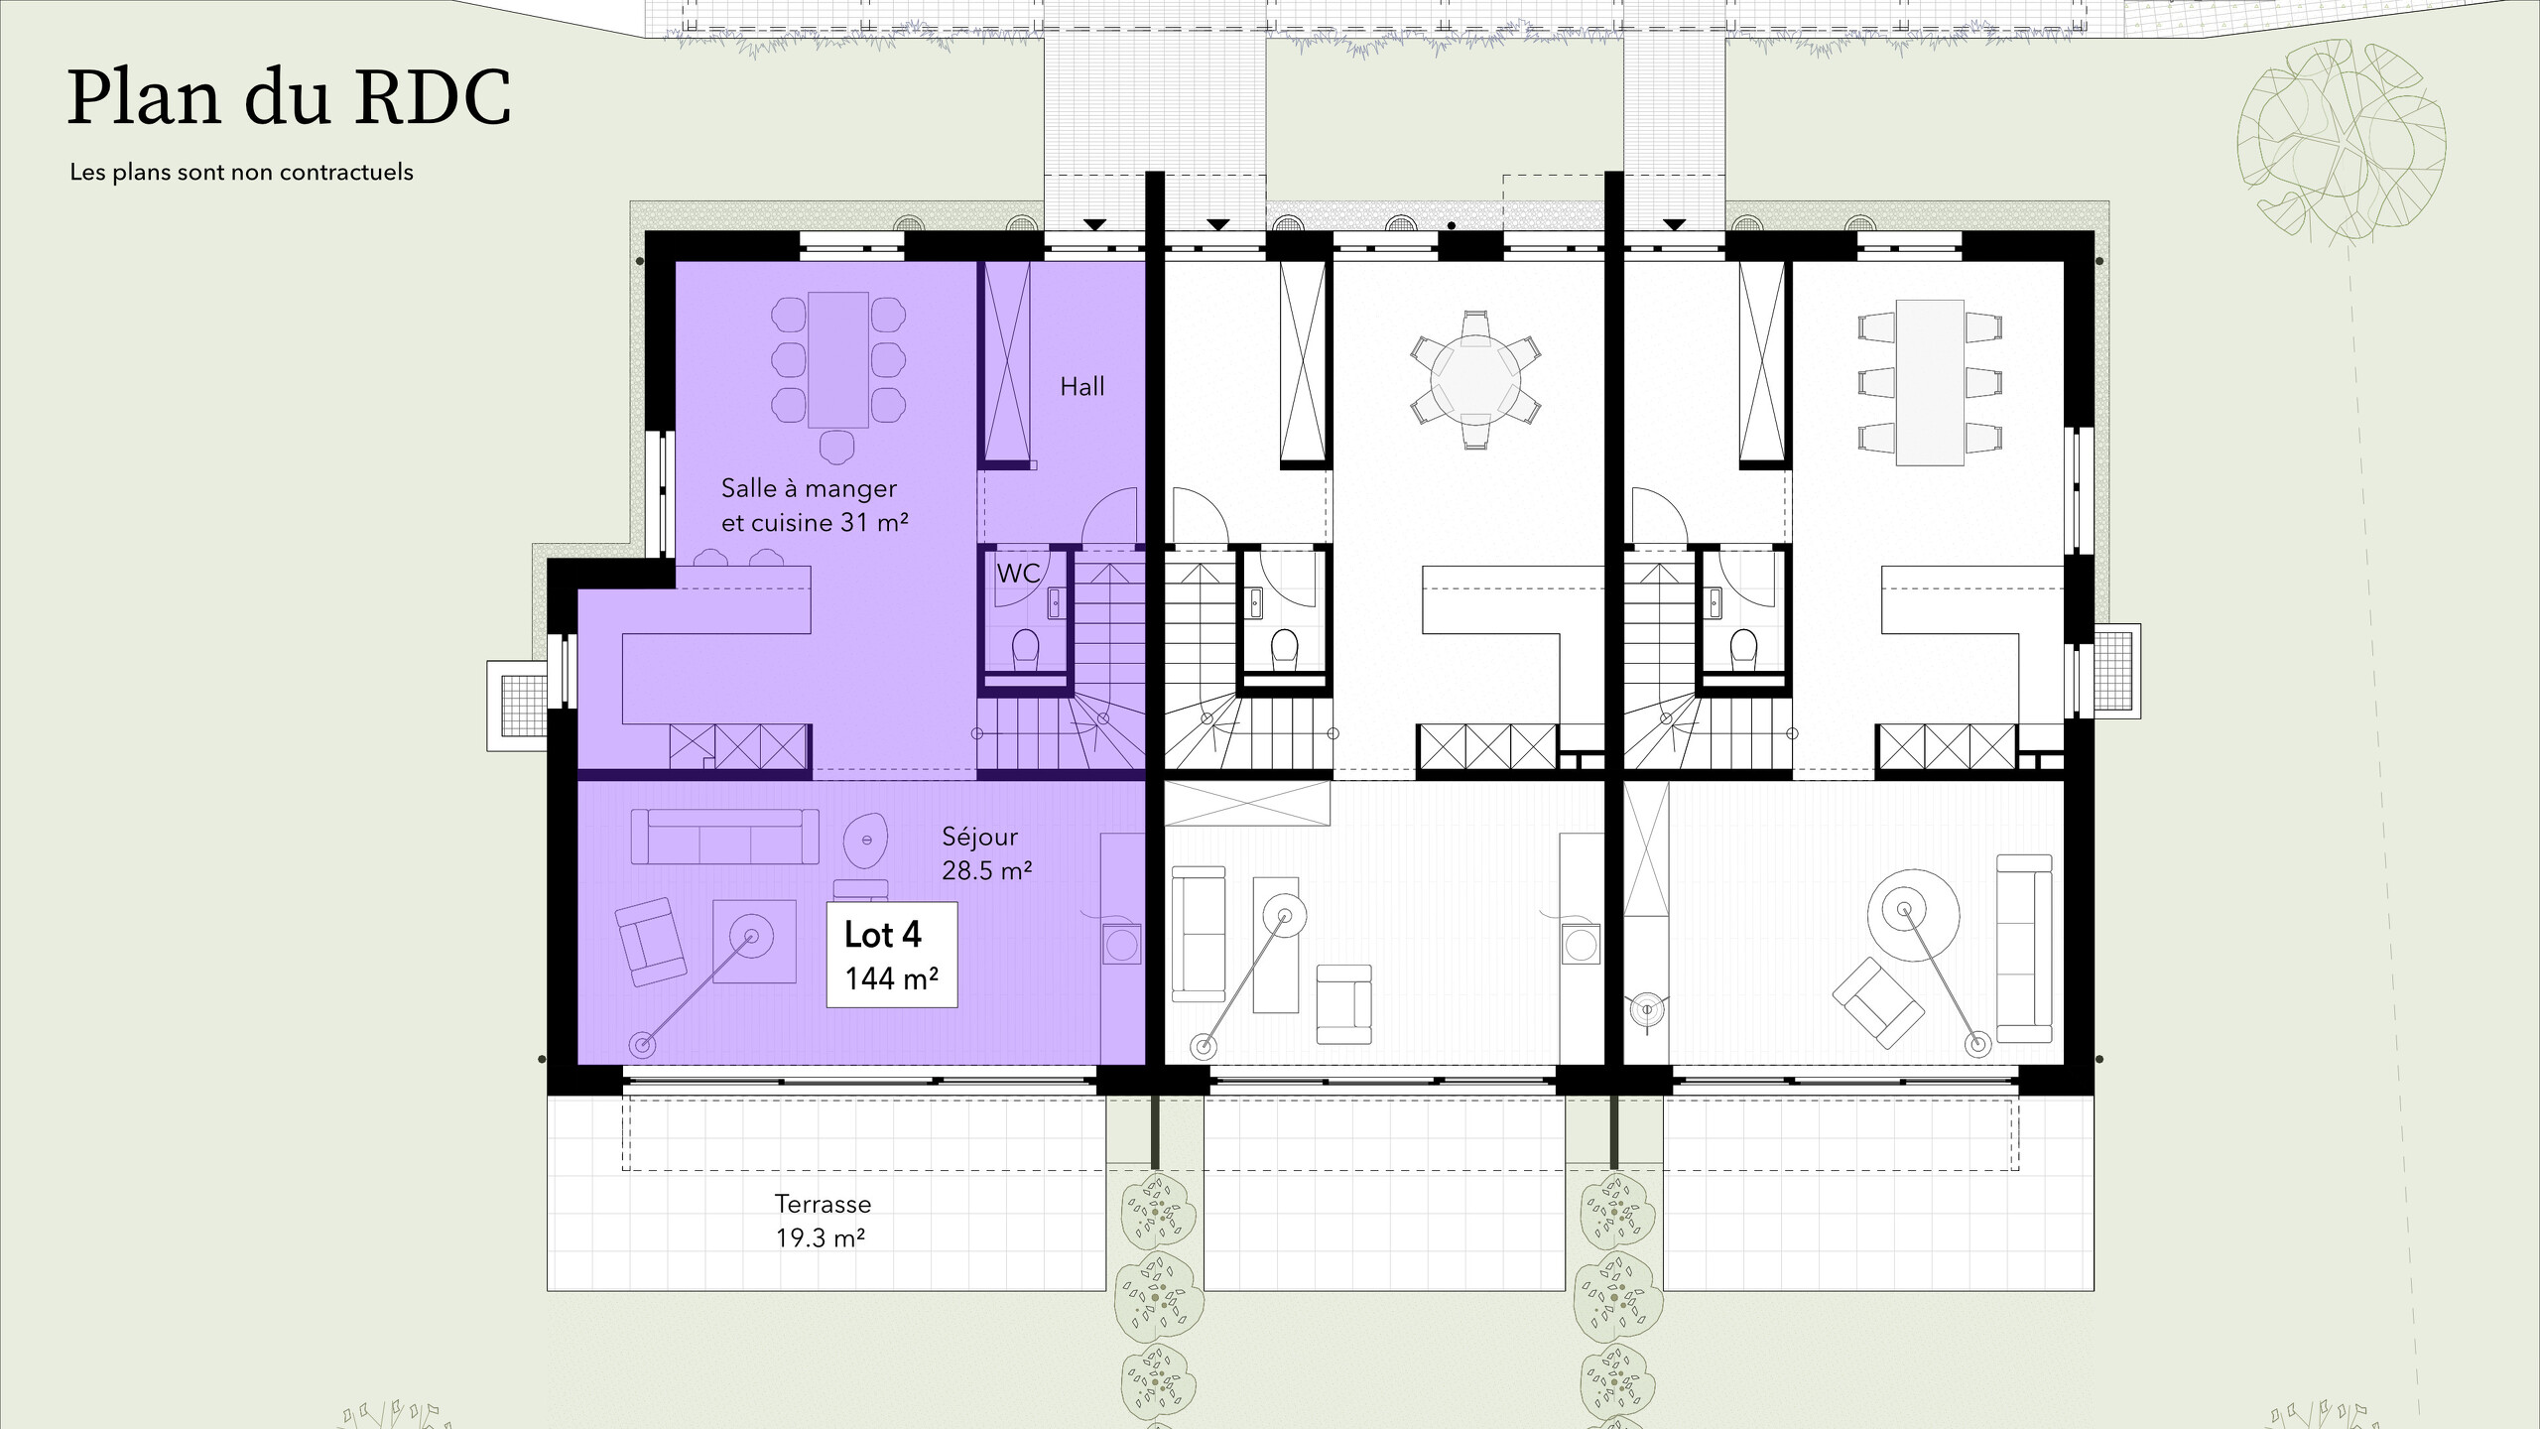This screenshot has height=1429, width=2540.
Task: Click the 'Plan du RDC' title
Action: (x=289, y=98)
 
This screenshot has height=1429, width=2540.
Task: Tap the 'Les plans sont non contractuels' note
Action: (x=241, y=172)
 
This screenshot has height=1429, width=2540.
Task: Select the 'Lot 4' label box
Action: (x=892, y=955)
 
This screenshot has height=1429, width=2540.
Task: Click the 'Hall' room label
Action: (x=1081, y=386)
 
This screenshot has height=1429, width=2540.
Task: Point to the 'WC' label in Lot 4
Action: (x=1018, y=573)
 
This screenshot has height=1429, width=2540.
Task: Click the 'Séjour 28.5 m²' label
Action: (x=986, y=853)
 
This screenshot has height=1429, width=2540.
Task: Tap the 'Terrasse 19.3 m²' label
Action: (x=823, y=1221)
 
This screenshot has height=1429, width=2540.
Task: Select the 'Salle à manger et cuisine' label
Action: (x=815, y=505)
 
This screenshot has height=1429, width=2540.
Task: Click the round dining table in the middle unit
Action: (x=1474, y=381)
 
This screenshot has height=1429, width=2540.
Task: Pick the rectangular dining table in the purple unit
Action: (x=838, y=359)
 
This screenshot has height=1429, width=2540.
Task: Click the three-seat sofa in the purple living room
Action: (x=725, y=836)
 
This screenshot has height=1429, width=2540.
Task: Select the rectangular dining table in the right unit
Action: (x=1930, y=382)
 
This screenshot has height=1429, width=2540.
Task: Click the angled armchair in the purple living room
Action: (x=650, y=942)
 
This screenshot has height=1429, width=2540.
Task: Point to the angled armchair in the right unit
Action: (x=1878, y=1001)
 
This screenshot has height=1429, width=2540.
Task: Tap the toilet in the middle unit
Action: (x=1284, y=650)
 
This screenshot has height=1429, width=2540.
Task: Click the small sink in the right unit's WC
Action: (x=1715, y=601)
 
